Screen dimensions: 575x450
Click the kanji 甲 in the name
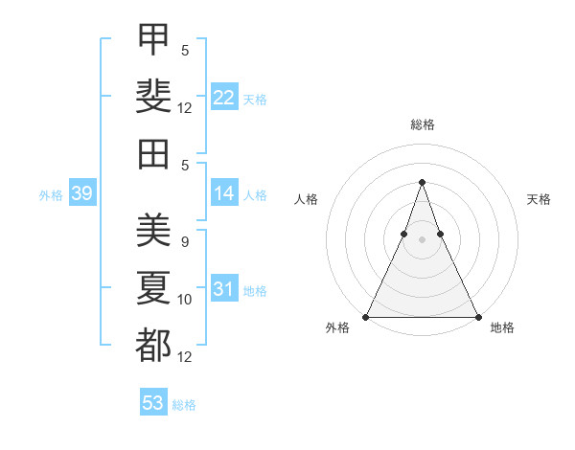tap(153, 39)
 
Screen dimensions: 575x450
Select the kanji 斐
tap(153, 97)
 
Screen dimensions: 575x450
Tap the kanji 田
tap(153, 154)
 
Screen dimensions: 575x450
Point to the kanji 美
tap(153, 230)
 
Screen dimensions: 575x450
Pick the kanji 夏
tap(153, 287)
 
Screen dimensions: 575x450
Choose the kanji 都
tap(153, 345)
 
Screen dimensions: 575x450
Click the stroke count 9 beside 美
tap(185, 242)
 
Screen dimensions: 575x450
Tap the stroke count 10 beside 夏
tap(184, 300)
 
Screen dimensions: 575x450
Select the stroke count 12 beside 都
tap(184, 357)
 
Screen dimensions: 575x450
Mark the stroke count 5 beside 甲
tap(185, 51)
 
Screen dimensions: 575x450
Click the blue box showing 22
tap(224, 97)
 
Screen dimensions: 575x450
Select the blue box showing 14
tap(224, 192)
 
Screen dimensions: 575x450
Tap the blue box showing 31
tap(224, 287)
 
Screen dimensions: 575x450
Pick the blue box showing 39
tap(82, 192)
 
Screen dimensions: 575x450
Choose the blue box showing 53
tap(153, 401)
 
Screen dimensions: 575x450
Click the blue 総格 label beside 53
tap(184, 405)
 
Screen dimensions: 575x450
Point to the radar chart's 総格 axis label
tap(423, 124)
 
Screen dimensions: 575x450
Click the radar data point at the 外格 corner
tap(366, 317)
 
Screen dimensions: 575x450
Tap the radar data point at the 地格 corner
tap(478, 317)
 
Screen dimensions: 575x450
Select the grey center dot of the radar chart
tap(422, 240)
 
